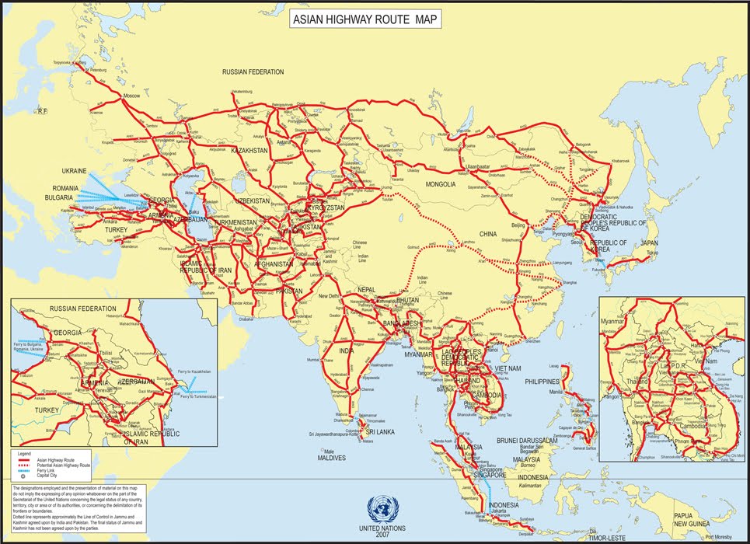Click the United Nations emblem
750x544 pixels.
click(381, 511)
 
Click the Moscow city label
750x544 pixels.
click(132, 96)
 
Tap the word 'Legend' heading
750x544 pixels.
click(25, 452)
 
